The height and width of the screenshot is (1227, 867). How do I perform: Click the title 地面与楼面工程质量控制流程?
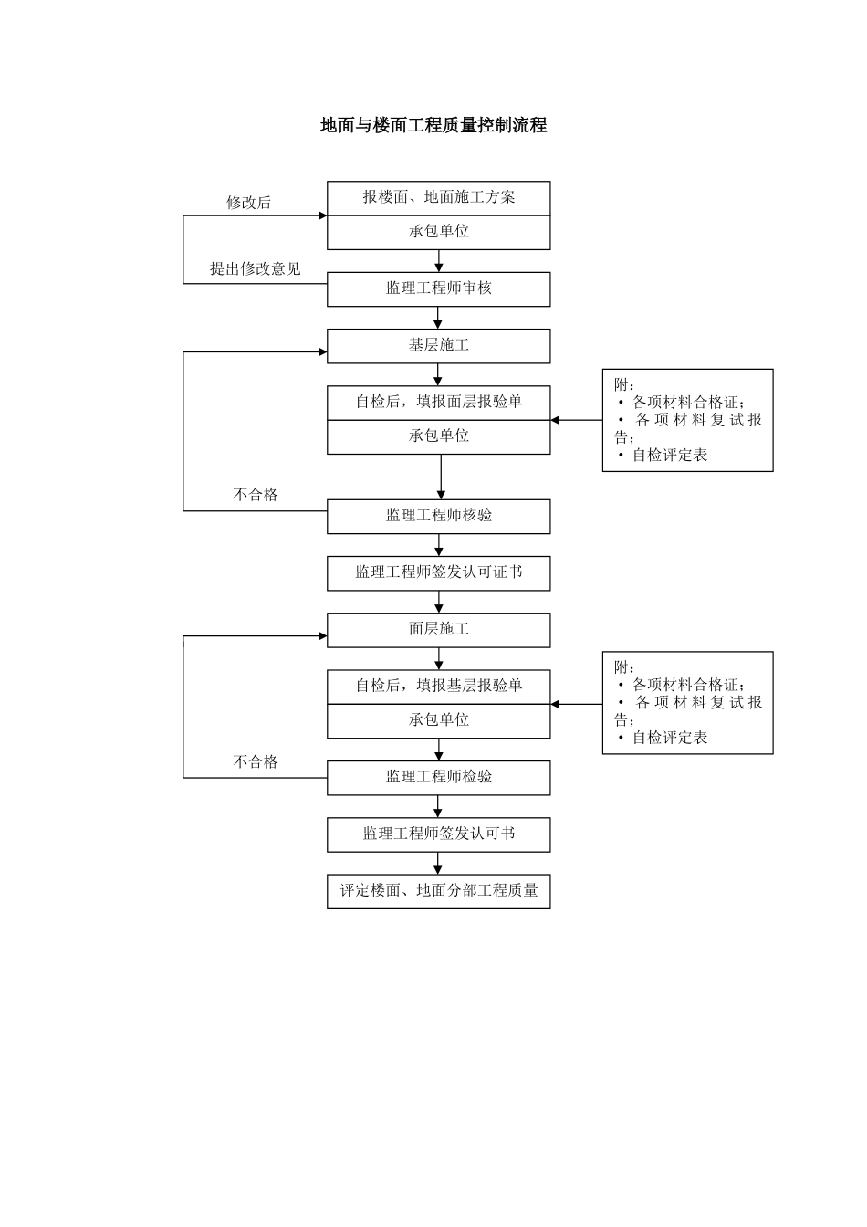tap(433, 126)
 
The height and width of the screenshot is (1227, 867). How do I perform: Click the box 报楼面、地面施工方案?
tap(439, 197)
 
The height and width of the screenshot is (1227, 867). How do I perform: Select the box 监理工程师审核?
tap(439, 288)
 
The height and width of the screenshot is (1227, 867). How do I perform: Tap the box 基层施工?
tap(439, 346)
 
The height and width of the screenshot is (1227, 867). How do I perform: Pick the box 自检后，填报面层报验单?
tap(439, 402)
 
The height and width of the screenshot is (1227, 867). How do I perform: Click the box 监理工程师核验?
tap(439, 516)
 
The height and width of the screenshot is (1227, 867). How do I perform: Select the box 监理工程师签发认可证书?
tap(439, 573)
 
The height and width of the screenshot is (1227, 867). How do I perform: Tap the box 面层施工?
tap(439, 630)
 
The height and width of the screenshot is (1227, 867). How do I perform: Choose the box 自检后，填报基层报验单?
tap(439, 686)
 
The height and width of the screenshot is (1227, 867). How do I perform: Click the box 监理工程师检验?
tap(439, 778)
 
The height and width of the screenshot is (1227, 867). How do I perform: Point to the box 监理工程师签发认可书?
tap(439, 834)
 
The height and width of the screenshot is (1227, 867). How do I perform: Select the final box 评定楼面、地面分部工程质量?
tap(439, 891)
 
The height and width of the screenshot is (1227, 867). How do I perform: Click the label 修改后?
tap(249, 203)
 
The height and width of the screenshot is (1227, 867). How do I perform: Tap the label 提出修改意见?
tap(256, 269)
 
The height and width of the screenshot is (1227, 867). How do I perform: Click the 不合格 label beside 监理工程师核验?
tap(256, 495)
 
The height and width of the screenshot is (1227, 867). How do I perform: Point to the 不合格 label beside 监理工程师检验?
tap(256, 762)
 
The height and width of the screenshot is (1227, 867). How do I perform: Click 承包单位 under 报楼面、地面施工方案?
tap(439, 232)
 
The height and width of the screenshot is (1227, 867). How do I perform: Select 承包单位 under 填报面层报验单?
tap(439, 436)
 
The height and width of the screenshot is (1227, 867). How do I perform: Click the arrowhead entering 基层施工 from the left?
tap(322, 351)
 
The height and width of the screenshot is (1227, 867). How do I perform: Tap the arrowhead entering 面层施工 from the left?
tap(322, 635)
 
